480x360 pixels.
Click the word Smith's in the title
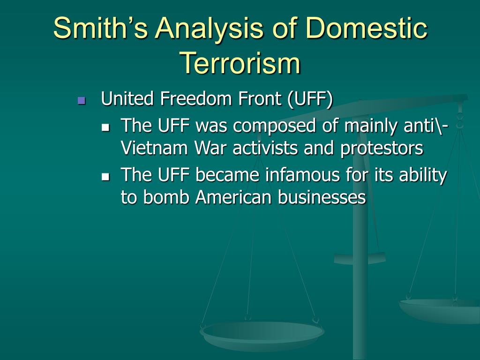101,28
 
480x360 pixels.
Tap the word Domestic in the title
366,28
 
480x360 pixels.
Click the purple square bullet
82,100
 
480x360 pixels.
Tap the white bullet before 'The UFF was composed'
105,127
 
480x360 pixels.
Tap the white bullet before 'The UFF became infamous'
105,176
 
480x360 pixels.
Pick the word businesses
322,197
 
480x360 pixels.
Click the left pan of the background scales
262,335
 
